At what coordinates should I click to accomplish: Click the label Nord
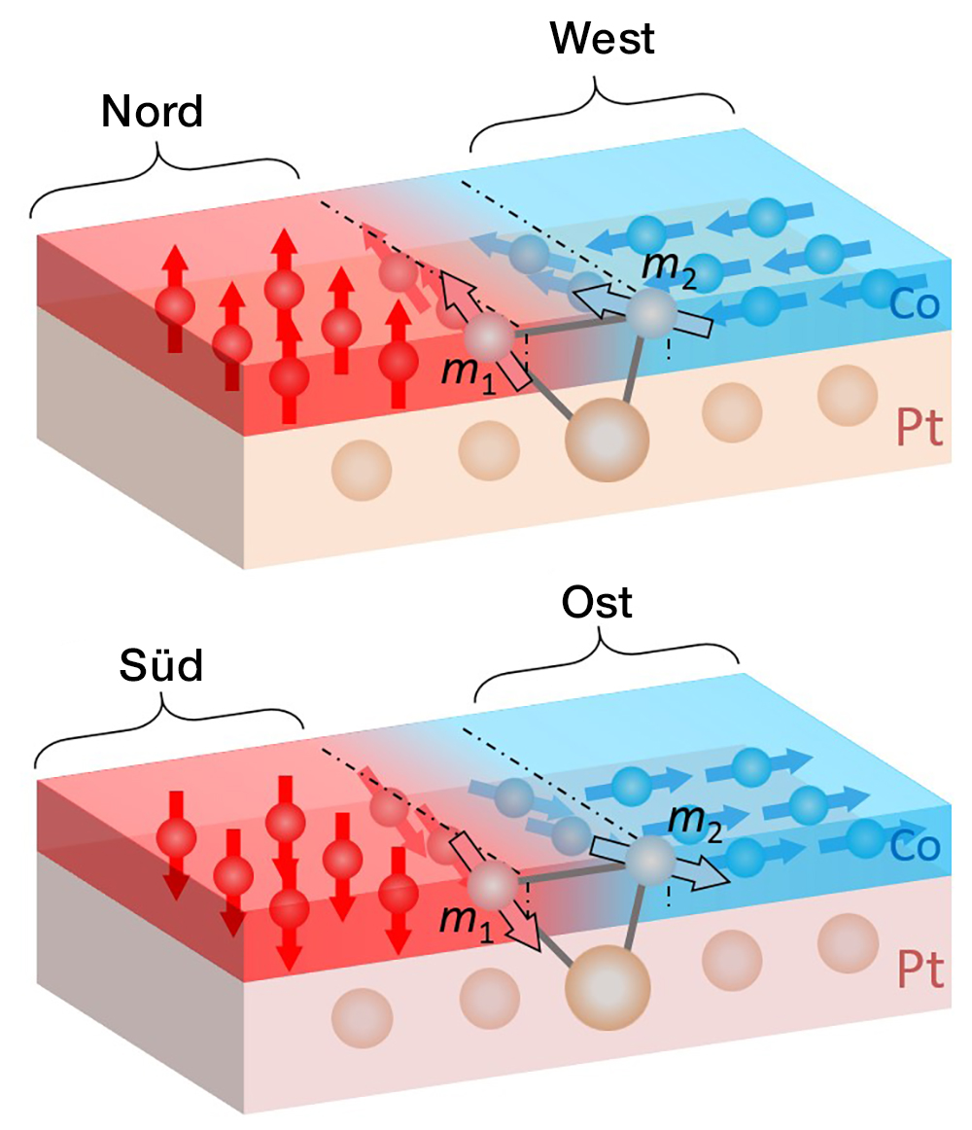152,112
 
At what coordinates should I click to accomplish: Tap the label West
602,39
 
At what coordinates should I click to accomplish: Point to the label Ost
597,603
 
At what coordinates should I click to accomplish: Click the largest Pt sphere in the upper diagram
607,441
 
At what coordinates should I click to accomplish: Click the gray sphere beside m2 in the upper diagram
648,313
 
